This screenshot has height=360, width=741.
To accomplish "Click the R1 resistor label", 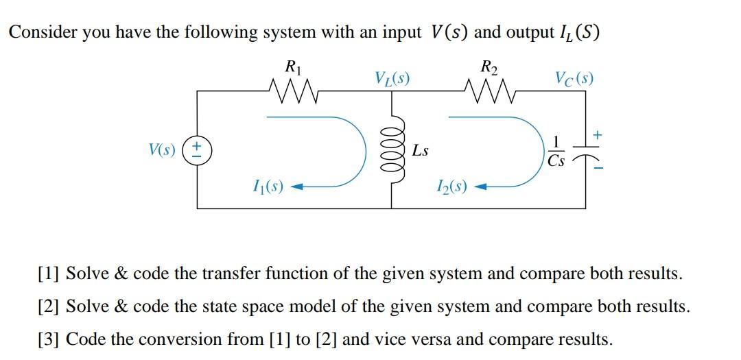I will click(x=292, y=68).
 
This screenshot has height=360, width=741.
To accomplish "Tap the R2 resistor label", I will click(x=489, y=68).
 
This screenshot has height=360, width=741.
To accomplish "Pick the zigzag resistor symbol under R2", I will click(x=489, y=89).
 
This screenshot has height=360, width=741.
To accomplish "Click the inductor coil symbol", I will click(x=392, y=148).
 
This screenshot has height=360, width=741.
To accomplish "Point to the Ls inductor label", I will click(x=421, y=150).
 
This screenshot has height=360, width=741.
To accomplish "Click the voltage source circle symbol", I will click(x=198, y=148).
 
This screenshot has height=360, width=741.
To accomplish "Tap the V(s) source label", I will click(x=162, y=149).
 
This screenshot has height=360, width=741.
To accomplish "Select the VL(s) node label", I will click(x=392, y=77).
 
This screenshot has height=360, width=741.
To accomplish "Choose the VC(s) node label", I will click(x=574, y=77).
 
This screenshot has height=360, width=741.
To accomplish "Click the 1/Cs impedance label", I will click(x=556, y=151).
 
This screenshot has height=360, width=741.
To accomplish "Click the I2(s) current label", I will click(x=452, y=185).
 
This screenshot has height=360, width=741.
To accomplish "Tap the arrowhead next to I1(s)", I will click(x=298, y=185).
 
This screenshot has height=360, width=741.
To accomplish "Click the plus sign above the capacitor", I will click(x=598, y=136).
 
